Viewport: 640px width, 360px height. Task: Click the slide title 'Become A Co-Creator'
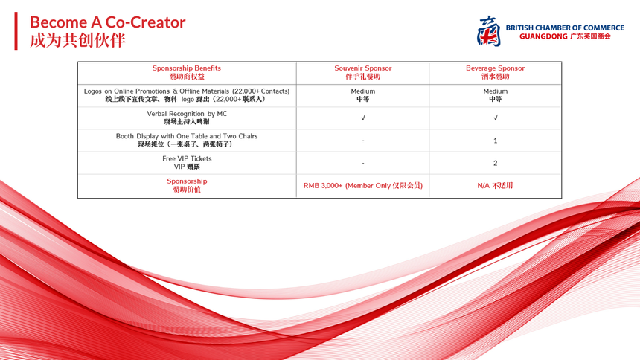coord(108,22)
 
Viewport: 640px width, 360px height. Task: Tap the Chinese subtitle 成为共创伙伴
coord(77,40)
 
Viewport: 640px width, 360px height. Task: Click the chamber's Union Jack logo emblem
coord(489,31)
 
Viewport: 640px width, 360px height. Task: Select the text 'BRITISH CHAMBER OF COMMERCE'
coord(565,28)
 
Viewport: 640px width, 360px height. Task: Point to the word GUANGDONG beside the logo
coord(543,36)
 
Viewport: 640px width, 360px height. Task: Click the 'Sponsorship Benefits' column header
coord(187,72)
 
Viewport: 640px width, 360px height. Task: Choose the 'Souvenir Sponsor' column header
coord(363,72)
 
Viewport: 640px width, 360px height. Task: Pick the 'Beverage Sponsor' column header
coord(495,72)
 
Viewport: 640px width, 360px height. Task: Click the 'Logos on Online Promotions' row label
coord(187,95)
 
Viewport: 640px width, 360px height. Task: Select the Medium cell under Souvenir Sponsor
coord(363,95)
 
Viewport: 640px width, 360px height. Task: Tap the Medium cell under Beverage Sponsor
coord(495,95)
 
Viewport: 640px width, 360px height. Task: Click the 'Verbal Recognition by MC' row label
coord(187,118)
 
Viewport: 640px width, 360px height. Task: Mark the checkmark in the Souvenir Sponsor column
coord(363,118)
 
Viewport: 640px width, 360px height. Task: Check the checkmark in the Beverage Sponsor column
coord(495,118)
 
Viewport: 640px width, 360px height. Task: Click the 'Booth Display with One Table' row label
coord(187,140)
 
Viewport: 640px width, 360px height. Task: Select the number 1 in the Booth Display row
coord(495,141)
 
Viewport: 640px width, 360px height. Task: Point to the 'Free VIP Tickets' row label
coord(187,162)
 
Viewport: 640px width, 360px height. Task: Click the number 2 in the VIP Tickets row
coord(495,164)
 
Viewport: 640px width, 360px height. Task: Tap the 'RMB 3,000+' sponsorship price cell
coord(363,186)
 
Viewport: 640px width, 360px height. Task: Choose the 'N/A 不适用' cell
coord(495,186)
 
